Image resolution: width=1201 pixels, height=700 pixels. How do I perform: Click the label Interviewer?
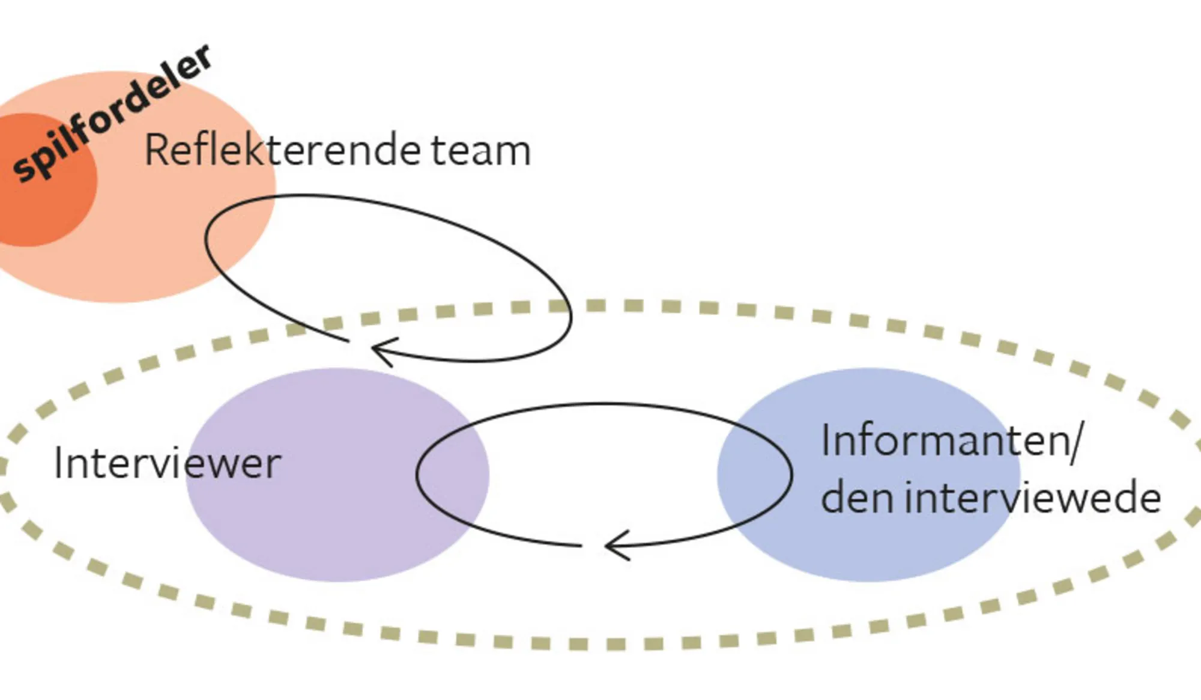point(168,464)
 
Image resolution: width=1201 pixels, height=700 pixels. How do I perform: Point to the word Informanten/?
point(951,441)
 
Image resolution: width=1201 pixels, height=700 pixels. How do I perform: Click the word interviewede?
point(1033,498)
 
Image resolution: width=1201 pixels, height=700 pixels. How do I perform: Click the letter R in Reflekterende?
point(157,150)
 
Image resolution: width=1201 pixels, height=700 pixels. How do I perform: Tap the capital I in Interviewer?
point(58,464)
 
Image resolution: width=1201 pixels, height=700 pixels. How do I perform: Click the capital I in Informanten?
point(826,440)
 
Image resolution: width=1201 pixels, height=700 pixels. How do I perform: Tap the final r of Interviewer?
point(274,466)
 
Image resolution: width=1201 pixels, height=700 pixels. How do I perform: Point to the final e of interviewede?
point(1148,499)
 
